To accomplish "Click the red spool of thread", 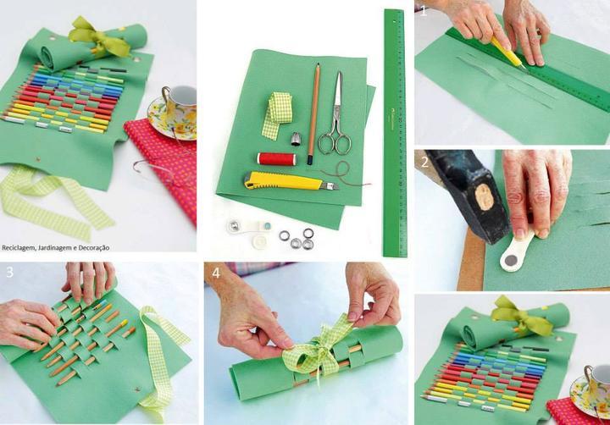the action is tap(276, 158).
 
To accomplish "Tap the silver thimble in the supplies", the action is tap(297, 139).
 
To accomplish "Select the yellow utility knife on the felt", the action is tap(291, 181).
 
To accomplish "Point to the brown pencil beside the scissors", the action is tap(313, 114).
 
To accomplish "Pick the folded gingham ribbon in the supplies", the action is tap(276, 115).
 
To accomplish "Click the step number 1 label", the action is tap(424, 11).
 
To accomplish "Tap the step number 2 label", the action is tap(424, 163).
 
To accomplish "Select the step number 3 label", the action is tap(9, 273).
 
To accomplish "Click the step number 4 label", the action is tap(216, 273).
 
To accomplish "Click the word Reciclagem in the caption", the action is tap(16, 248).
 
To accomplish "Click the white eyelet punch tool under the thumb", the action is tap(516, 252).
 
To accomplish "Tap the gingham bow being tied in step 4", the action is tap(316, 352).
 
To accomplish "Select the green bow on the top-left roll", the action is tap(99, 38).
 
